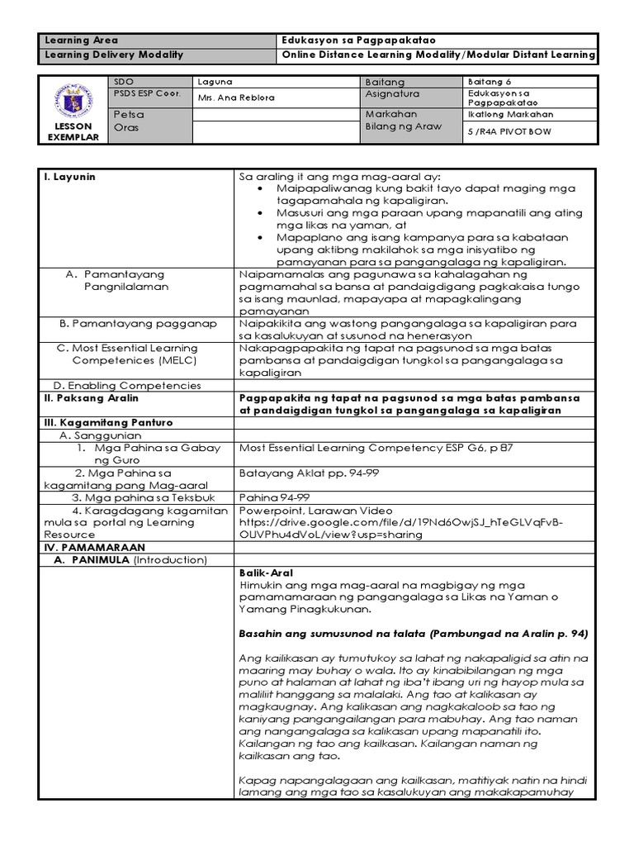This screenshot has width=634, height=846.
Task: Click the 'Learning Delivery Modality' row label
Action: point(113,55)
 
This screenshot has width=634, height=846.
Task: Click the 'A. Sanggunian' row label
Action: point(100,435)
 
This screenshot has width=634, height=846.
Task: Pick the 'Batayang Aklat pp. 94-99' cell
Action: point(305,473)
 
